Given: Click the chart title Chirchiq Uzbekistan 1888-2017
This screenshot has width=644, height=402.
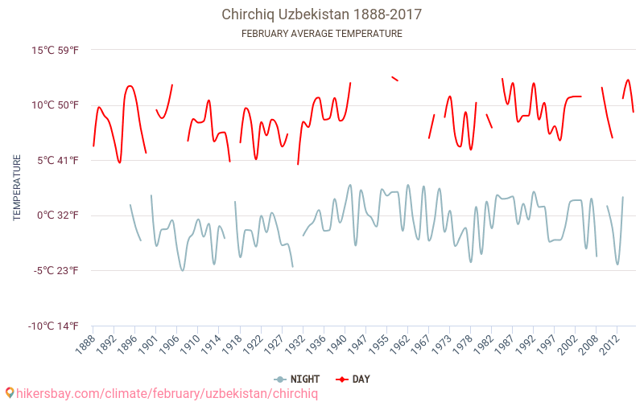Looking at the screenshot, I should point(321,14).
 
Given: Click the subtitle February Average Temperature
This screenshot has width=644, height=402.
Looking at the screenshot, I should point(321,34).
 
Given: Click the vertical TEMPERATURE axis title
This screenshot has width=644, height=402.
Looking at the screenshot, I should point(17,188).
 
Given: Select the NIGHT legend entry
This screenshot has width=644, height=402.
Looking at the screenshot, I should point(297,379).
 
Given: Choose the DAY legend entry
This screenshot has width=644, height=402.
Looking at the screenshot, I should point(353,379).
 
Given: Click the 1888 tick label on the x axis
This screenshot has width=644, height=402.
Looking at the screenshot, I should point(84,343).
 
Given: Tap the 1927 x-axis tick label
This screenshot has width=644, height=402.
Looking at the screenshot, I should point(272,343).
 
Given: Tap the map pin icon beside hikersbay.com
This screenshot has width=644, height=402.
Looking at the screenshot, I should point(10,393).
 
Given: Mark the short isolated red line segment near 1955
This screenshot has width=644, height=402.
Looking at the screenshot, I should point(394,79).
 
